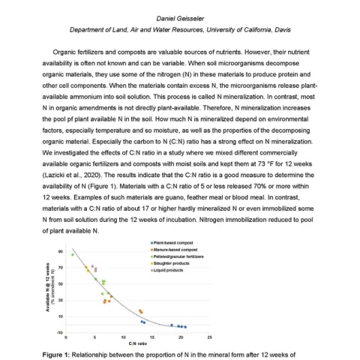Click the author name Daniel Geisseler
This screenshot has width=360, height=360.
tap(180, 17)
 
